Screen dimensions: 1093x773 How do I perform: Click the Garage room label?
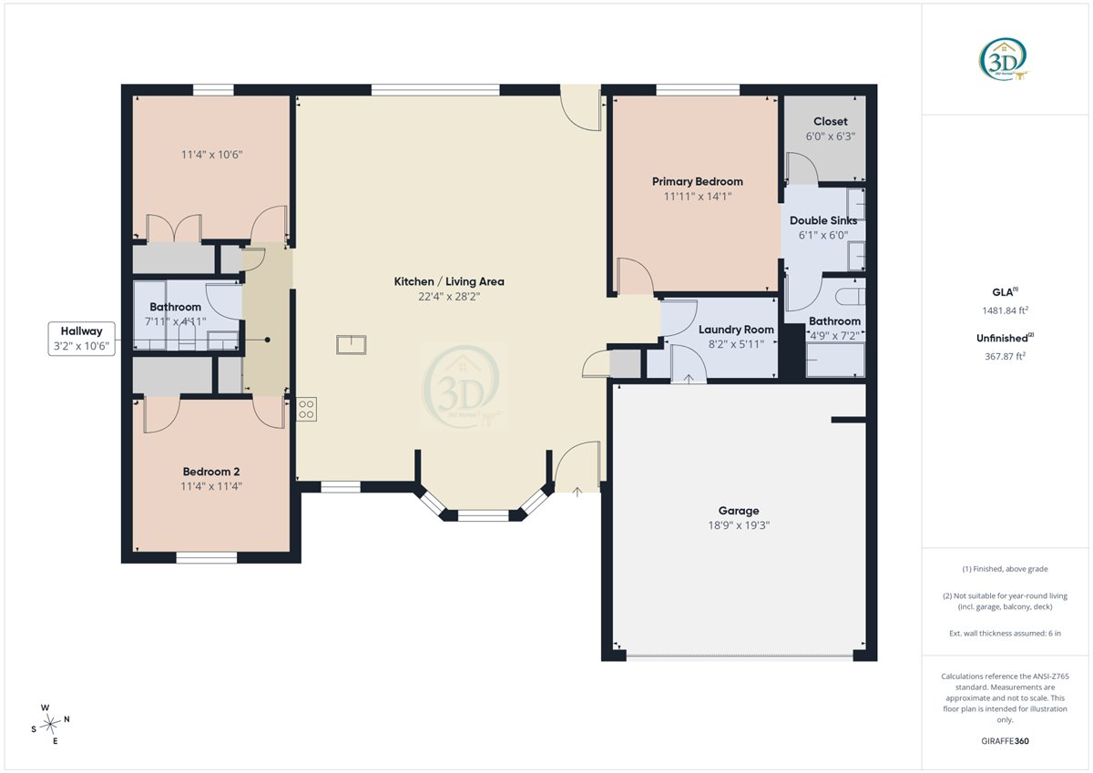[x=739, y=511]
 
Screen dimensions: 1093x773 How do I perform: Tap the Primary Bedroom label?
[x=698, y=181]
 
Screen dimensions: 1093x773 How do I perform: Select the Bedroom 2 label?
[x=211, y=472]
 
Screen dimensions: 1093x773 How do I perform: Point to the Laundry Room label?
[x=736, y=330]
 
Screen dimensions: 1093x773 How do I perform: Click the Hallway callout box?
[x=81, y=339]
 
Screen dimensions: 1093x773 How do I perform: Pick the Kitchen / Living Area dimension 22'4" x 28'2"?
[x=449, y=297]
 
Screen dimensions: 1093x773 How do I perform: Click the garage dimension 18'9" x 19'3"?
[x=739, y=525]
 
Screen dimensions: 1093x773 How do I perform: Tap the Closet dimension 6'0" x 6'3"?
[x=830, y=136]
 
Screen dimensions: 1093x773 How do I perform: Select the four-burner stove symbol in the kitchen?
[x=306, y=409]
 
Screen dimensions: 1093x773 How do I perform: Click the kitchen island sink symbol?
[x=352, y=345]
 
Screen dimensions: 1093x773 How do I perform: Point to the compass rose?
[x=50, y=724]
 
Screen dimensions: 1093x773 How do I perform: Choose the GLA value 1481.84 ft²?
[x=1006, y=310]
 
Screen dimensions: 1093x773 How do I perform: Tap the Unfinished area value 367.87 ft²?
[x=1006, y=356]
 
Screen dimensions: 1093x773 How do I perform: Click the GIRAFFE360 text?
[x=1006, y=741]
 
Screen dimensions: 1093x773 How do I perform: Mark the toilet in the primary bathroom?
[x=850, y=296]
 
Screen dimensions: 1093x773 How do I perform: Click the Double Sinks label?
[x=823, y=220]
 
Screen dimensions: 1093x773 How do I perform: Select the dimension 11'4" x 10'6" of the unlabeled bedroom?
[x=211, y=155]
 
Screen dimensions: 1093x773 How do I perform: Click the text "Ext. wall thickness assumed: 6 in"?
[x=1006, y=633]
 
